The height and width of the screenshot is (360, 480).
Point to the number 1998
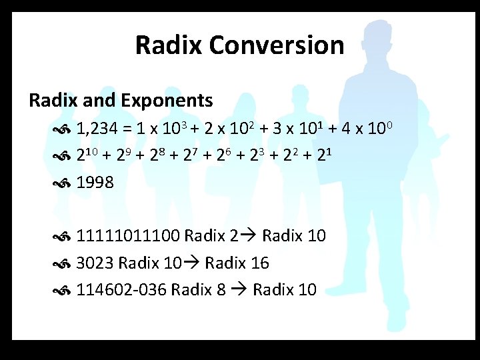coord(95,182)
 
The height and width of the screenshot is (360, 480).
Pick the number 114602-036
coord(122,290)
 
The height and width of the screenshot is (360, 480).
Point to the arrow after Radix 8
coord(241,290)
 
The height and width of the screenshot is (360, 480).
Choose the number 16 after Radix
coord(260,263)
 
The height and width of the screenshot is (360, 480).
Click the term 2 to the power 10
coord(89,155)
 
